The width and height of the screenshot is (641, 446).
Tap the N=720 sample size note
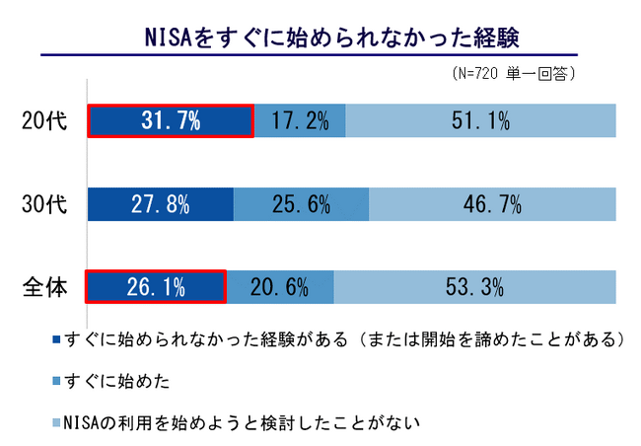(x=513, y=74)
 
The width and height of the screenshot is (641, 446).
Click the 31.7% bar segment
(x=171, y=121)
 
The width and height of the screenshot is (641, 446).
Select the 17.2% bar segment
(x=300, y=121)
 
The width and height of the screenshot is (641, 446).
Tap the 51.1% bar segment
(x=481, y=121)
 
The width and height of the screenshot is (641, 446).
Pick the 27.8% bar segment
(x=161, y=204)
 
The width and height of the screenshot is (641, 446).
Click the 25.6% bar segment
(x=301, y=204)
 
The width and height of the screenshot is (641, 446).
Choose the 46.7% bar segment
(x=492, y=204)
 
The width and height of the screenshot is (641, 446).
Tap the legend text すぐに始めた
(x=118, y=380)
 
